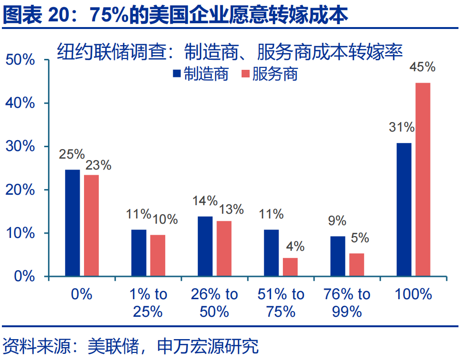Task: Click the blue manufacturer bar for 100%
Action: click(404, 209)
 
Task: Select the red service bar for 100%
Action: click(423, 180)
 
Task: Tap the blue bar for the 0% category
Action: click(73, 223)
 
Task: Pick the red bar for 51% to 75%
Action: click(290, 267)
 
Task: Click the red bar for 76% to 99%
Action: click(356, 265)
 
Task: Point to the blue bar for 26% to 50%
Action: click(205, 246)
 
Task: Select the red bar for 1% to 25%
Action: click(158, 256)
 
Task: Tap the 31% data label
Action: click(402, 127)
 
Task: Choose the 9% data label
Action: click(337, 221)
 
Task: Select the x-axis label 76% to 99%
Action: click(346, 303)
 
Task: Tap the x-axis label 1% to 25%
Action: click(148, 303)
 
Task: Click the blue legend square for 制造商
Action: click(176, 74)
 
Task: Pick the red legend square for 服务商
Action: click(245, 74)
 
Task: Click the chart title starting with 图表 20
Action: click(176, 15)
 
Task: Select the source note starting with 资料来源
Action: click(131, 346)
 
